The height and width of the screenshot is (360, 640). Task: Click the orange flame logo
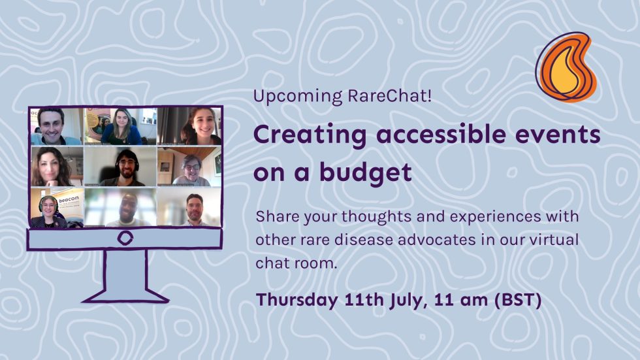[x=565, y=68]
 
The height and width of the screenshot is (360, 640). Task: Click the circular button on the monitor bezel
[x=124, y=238]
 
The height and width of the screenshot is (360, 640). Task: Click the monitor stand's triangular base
[x=125, y=293]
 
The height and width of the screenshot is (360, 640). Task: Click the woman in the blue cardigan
[x=121, y=127]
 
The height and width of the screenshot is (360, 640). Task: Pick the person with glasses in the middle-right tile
[x=189, y=170]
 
